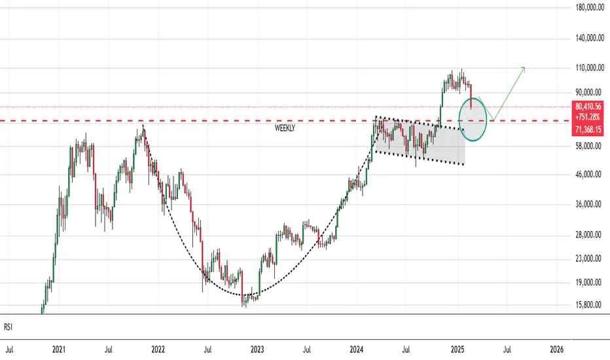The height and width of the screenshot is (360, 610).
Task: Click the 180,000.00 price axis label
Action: pos(589,7)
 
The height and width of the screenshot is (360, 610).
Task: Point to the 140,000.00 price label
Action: pos(589,38)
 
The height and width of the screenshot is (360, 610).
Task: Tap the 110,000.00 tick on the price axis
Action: pos(589,68)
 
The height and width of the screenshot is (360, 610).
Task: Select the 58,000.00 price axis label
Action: pos(589,146)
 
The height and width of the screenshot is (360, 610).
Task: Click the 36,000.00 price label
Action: pos(589,204)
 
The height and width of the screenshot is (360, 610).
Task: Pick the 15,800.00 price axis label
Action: pos(589,305)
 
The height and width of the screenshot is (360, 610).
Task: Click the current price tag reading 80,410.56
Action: pos(588,107)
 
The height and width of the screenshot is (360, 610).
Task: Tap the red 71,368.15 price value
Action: pos(588,130)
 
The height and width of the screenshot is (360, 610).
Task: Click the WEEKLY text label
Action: pos(285,128)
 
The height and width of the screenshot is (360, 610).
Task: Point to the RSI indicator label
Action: pos(8,327)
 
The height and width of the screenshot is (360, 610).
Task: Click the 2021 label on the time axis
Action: pos(59,350)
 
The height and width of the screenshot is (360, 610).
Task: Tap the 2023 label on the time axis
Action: pos(257,350)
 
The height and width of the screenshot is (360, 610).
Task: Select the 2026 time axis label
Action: pos(557,350)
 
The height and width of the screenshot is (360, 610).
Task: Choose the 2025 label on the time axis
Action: pos(457,350)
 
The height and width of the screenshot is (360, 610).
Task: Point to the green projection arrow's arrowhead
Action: pos(524,68)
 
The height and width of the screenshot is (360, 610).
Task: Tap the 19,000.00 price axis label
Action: pos(589,282)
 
